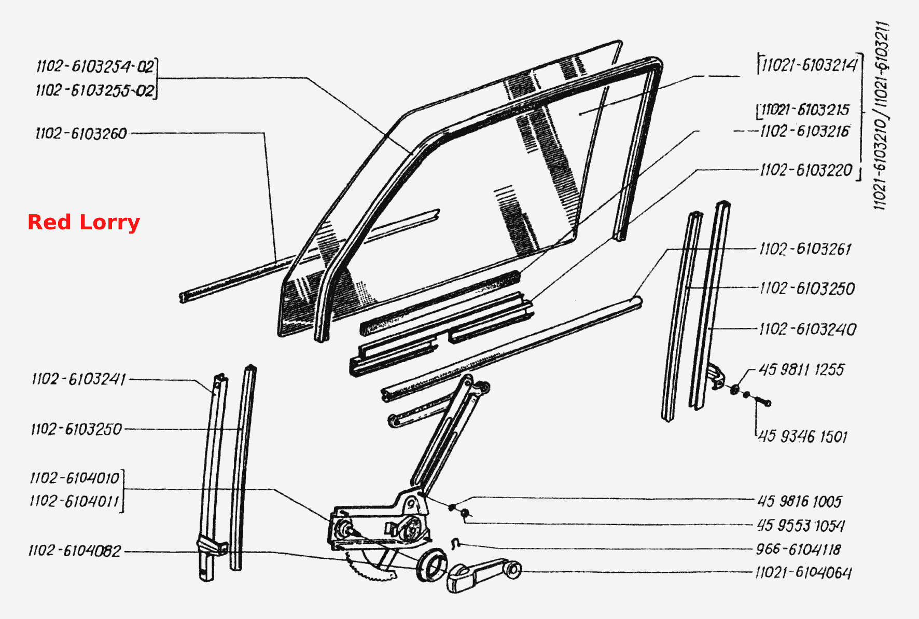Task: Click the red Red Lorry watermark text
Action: (83, 222)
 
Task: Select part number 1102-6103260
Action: (81, 133)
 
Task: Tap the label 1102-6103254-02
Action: (95, 66)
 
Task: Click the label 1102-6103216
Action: (804, 131)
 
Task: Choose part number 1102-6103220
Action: (806, 170)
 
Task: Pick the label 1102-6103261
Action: (805, 249)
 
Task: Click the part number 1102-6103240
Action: (807, 329)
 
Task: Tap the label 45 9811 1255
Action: (801, 369)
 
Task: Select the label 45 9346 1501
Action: (803, 436)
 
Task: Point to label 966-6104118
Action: (798, 549)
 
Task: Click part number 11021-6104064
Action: (803, 573)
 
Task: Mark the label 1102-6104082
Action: (75, 551)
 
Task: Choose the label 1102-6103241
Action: (79, 379)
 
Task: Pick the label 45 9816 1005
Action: (799, 501)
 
